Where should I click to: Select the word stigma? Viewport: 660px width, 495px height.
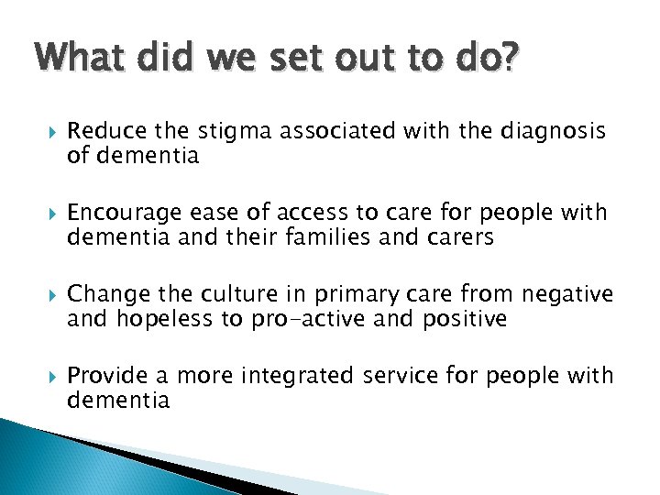coord(229,132)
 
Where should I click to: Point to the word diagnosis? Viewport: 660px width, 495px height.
coord(554,132)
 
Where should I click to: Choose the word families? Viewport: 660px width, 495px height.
coord(357,237)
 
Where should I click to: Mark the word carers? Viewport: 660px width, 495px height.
coord(459,237)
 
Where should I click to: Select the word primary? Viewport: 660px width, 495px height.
coord(367,295)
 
